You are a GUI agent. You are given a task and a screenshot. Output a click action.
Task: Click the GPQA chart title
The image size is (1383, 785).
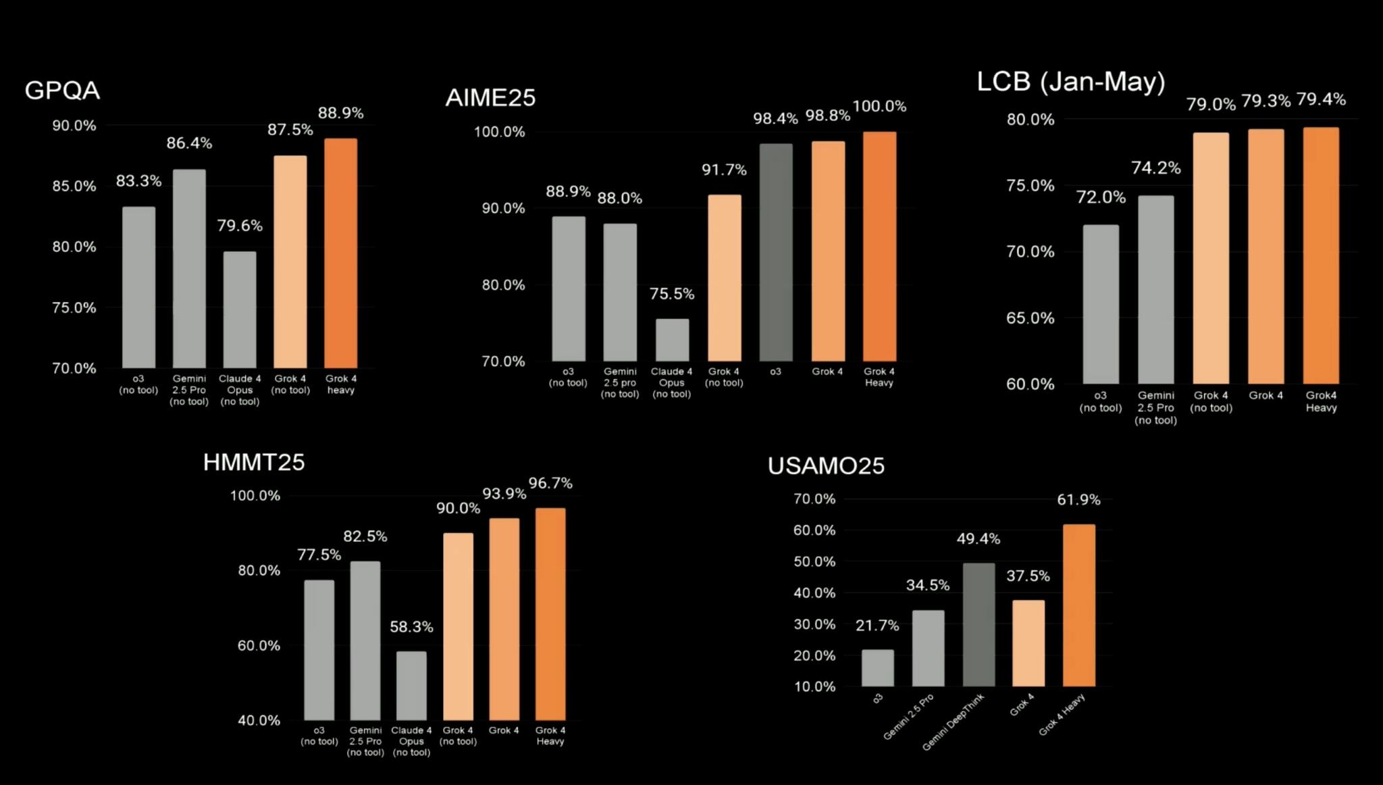[x=62, y=91]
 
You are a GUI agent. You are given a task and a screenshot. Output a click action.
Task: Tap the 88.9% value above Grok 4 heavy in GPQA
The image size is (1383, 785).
[x=340, y=113]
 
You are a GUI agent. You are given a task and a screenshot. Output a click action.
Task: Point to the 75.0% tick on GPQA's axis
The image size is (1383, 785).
[x=74, y=308]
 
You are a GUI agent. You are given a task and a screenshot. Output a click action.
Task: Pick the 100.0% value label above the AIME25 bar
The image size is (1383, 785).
[x=879, y=106]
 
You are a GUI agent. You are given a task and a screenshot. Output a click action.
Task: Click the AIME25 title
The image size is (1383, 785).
[x=490, y=98]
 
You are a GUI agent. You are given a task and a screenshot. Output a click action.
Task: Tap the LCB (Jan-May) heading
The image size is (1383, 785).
[x=1070, y=82]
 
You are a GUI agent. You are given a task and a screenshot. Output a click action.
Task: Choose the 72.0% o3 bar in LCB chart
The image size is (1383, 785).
[x=1101, y=304]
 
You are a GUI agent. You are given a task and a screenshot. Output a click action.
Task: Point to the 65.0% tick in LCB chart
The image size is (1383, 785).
[x=1030, y=318]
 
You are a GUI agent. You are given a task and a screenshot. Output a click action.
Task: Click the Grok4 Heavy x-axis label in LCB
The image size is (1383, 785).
[x=1321, y=401]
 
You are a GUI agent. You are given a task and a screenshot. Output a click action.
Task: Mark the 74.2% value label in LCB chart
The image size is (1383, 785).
[x=1155, y=168]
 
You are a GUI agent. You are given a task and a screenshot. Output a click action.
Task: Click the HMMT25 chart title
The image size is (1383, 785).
[x=254, y=462]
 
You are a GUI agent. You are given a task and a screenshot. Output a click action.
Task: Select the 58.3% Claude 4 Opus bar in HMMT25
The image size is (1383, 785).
[x=411, y=685]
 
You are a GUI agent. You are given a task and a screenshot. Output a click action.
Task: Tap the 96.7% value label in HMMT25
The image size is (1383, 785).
[x=550, y=483]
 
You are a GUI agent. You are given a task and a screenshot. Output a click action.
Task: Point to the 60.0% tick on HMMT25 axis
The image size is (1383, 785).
[x=259, y=646]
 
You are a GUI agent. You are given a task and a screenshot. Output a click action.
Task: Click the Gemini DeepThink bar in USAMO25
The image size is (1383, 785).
[x=978, y=624]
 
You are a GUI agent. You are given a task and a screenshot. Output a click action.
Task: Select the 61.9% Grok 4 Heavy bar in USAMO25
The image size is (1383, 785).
[x=1078, y=605]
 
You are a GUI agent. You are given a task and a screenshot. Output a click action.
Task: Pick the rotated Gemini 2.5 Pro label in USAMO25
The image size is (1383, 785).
[x=908, y=716]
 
